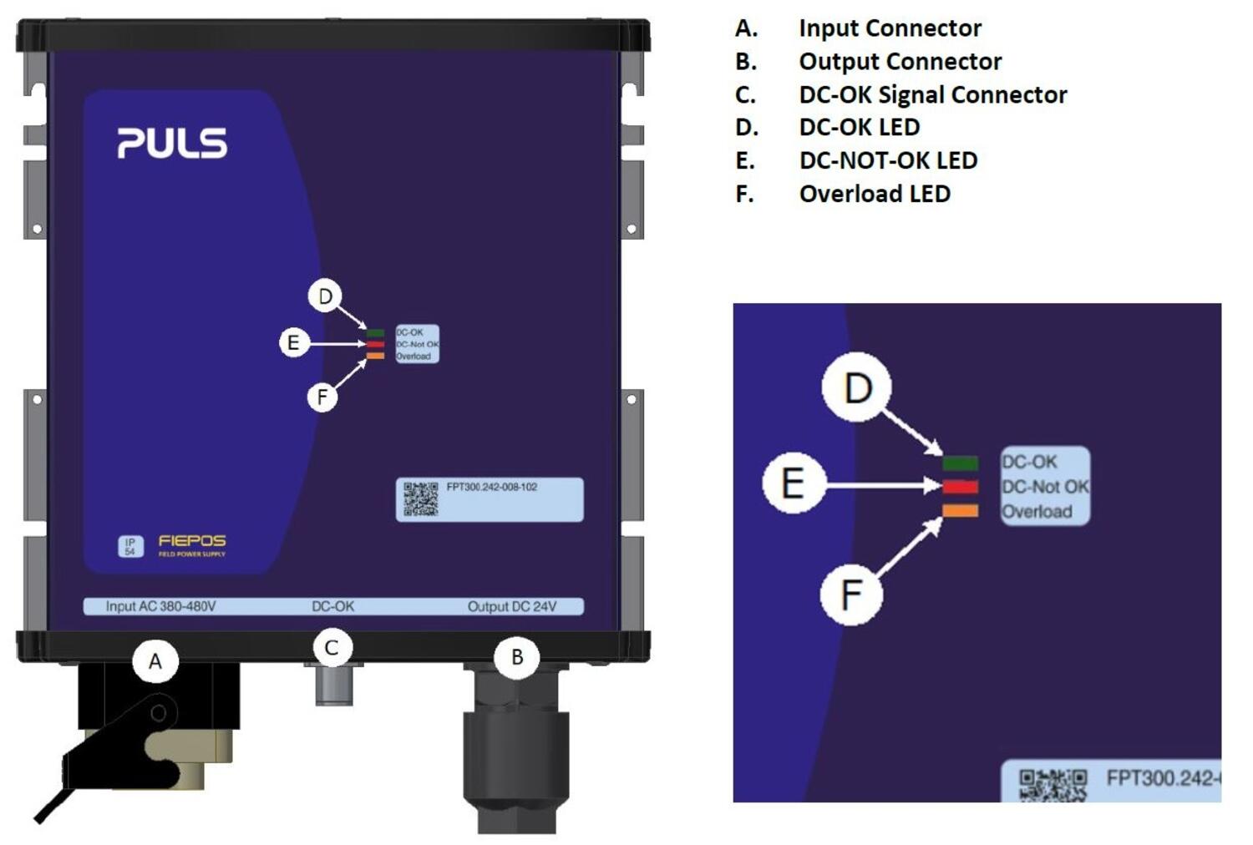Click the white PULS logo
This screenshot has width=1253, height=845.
[172, 143]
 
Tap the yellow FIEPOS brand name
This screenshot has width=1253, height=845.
[192, 541]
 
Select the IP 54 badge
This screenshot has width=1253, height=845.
[130, 546]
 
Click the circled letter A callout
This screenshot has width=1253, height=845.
[155, 662]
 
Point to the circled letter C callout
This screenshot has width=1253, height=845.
[332, 648]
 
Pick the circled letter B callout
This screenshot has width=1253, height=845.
[517, 657]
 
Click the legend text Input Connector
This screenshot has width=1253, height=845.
[890, 28]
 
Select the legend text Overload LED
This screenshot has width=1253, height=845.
[875, 194]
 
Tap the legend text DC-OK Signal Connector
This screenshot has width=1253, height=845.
[932, 94]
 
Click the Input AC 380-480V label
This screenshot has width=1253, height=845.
[160, 606]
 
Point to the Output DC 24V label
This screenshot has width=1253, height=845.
[511, 606]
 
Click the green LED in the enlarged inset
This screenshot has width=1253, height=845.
[960, 463]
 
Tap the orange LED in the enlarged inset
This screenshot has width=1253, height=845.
[960, 511]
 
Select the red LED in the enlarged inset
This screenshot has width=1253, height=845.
[960, 487]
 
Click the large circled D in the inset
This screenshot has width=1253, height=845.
[857, 388]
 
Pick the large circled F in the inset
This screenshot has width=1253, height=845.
[851, 595]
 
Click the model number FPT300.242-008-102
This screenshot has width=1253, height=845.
[492, 487]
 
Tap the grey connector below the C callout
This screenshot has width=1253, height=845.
[333, 686]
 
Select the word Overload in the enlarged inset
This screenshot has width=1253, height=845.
[1037, 512]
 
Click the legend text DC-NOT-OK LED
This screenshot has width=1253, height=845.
[888, 160]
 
